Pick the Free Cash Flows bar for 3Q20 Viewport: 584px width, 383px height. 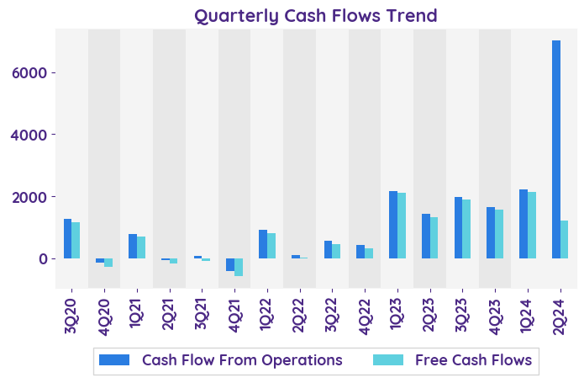pos(76,240)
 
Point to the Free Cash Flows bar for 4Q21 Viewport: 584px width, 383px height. pos(239,267)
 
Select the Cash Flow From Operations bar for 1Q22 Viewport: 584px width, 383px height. pos(263,244)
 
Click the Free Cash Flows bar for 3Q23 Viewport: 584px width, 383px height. pos(466,229)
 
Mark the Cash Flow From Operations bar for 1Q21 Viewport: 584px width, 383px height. pos(133,246)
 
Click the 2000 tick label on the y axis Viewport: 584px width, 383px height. pos(40,197)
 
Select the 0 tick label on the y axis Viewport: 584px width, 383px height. pos(50,258)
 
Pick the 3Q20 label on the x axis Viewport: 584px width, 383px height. pos(71,312)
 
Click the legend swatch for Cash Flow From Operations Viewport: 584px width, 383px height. pos(114,360)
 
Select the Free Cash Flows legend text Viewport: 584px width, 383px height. pos(473,360)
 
